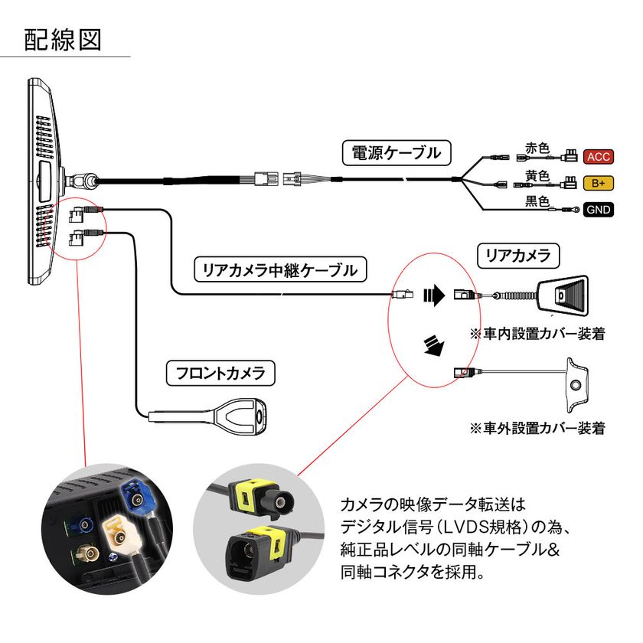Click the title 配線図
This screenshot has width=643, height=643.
pos(63,39)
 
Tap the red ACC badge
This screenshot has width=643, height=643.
pos(598,157)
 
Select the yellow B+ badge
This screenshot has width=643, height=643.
pos(598,183)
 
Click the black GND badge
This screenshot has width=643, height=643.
pos(598,209)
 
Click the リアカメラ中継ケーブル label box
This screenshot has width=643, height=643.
pos(280,269)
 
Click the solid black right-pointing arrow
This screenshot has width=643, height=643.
pos(434,295)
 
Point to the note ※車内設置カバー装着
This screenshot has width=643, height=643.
pos(537,334)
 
